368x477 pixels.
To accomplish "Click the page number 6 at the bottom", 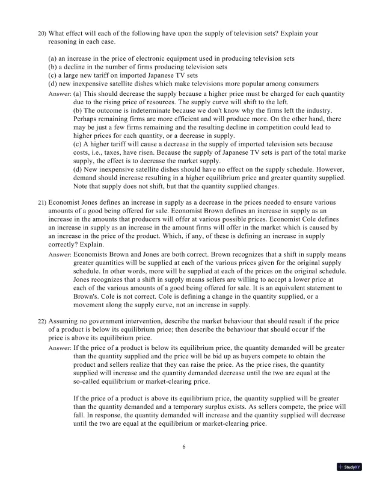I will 184,446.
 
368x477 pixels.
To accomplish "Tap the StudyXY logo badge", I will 349,467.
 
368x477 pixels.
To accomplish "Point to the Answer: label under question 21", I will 59,254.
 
